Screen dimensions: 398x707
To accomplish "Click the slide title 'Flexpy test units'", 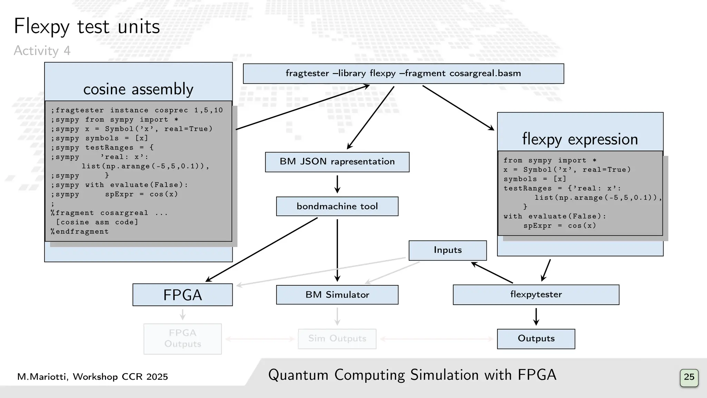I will coord(87,27).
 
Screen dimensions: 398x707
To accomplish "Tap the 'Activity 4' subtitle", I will coord(42,51).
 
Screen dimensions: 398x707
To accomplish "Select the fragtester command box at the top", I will coord(403,74).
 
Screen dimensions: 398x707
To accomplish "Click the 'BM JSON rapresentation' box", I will coord(337,162).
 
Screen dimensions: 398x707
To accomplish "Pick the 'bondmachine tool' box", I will coord(337,206).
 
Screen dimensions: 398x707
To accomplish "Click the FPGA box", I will coord(182,295).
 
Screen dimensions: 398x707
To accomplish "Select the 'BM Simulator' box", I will coord(337,295).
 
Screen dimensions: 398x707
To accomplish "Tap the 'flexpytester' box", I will coord(536,295).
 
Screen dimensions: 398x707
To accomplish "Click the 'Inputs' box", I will coord(447,250).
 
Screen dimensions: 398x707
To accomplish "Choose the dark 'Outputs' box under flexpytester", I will coord(536,339).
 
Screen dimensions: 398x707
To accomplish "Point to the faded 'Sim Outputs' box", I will coord(337,339).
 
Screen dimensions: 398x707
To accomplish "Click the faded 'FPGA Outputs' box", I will coord(182,339).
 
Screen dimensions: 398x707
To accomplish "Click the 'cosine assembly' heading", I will coord(138,89).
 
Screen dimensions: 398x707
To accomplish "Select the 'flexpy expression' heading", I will coord(580,139).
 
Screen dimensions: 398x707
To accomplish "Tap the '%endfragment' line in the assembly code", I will coord(80,232).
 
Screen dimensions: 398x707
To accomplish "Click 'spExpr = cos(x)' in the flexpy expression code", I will coord(560,226).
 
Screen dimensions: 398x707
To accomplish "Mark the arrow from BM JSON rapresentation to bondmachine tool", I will coord(337,184).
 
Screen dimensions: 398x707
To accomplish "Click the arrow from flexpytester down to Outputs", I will coord(536,316).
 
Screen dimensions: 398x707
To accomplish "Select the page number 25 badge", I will coord(689,377).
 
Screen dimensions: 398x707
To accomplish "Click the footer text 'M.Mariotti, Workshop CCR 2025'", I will coord(93,377).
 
